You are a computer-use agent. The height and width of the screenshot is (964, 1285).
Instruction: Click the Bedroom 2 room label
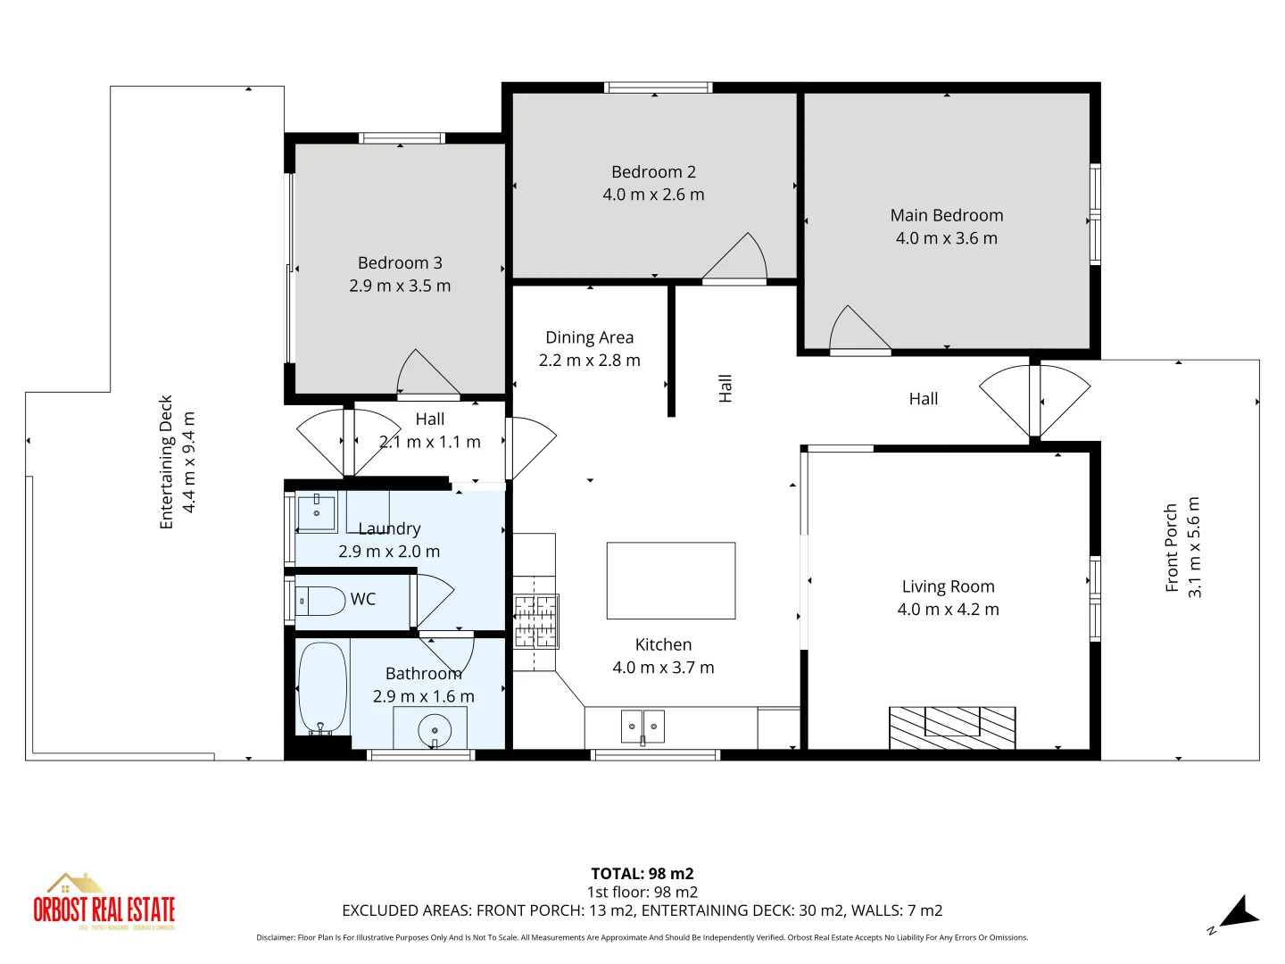pyautogui.click(x=653, y=172)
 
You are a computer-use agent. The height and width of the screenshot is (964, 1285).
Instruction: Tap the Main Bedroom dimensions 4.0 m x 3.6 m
pyautogui.click(x=947, y=238)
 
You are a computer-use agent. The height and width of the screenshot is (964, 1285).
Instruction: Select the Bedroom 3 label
pyautogui.click(x=400, y=263)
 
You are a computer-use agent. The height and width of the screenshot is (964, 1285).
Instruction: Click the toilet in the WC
pyautogui.click(x=320, y=601)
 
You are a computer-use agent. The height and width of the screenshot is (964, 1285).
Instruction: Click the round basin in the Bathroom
pyautogui.click(x=435, y=731)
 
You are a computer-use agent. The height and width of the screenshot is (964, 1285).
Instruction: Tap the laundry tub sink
pyautogui.click(x=316, y=513)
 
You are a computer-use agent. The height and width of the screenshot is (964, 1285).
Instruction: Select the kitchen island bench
pyautogui.click(x=671, y=580)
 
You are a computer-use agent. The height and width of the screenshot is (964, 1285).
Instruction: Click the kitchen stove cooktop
pyautogui.click(x=535, y=621)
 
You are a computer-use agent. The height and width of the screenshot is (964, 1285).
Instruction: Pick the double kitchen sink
pyautogui.click(x=642, y=727)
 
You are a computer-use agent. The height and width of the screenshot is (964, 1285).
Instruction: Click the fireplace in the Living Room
pyautogui.click(x=952, y=727)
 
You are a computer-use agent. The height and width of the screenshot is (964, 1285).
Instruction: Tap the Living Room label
pyautogui.click(x=948, y=586)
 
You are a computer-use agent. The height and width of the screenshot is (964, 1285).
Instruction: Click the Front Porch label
pyautogui.click(x=1172, y=548)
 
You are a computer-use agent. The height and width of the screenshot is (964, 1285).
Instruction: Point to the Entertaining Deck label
pyautogui.click(x=166, y=462)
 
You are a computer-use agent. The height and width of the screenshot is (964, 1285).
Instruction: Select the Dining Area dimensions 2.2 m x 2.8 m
pyautogui.click(x=589, y=361)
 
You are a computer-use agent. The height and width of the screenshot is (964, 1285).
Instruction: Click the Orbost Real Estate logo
pyautogui.click(x=104, y=903)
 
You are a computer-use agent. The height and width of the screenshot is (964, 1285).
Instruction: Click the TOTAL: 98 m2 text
pyautogui.click(x=642, y=874)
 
